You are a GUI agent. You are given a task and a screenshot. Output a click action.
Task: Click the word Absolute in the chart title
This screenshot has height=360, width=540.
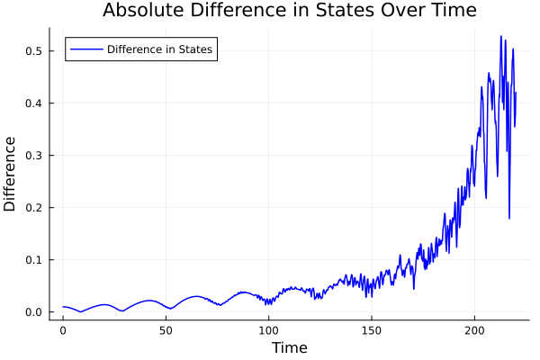[x=143, y=11]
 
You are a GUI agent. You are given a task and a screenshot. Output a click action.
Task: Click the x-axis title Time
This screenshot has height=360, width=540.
[x=289, y=347]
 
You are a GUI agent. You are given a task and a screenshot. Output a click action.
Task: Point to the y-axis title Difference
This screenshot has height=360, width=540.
[x=11, y=174]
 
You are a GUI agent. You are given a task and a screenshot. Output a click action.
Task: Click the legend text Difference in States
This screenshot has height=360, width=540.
[x=159, y=49]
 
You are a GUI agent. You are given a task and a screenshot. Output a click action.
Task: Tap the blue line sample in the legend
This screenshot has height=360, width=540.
[x=85, y=49]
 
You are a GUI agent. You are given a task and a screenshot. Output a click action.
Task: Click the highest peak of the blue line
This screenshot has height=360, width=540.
[x=501, y=36]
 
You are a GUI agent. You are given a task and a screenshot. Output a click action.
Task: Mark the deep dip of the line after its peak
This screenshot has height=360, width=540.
[x=509, y=218]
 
